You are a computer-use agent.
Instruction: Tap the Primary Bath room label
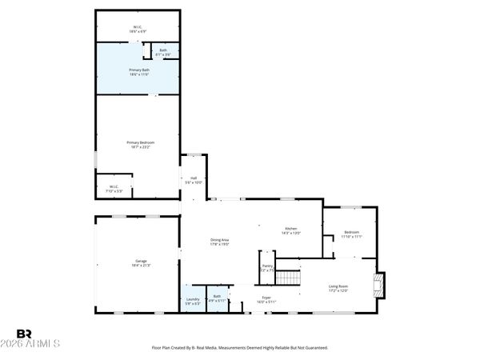[x=138, y=70]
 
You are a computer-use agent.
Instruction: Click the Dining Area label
[x=220, y=240]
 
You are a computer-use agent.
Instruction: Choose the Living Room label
[x=338, y=286]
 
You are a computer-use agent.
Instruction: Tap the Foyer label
[x=266, y=297]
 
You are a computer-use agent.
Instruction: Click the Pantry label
[x=268, y=267]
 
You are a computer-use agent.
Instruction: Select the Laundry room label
[x=193, y=299]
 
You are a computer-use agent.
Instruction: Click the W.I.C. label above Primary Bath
[x=138, y=28]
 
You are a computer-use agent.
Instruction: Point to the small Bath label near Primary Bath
[x=162, y=50]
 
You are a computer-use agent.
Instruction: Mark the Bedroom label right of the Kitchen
[x=351, y=233]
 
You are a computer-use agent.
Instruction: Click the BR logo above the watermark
[x=25, y=333]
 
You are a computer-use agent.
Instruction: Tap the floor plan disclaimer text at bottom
[x=239, y=348]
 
